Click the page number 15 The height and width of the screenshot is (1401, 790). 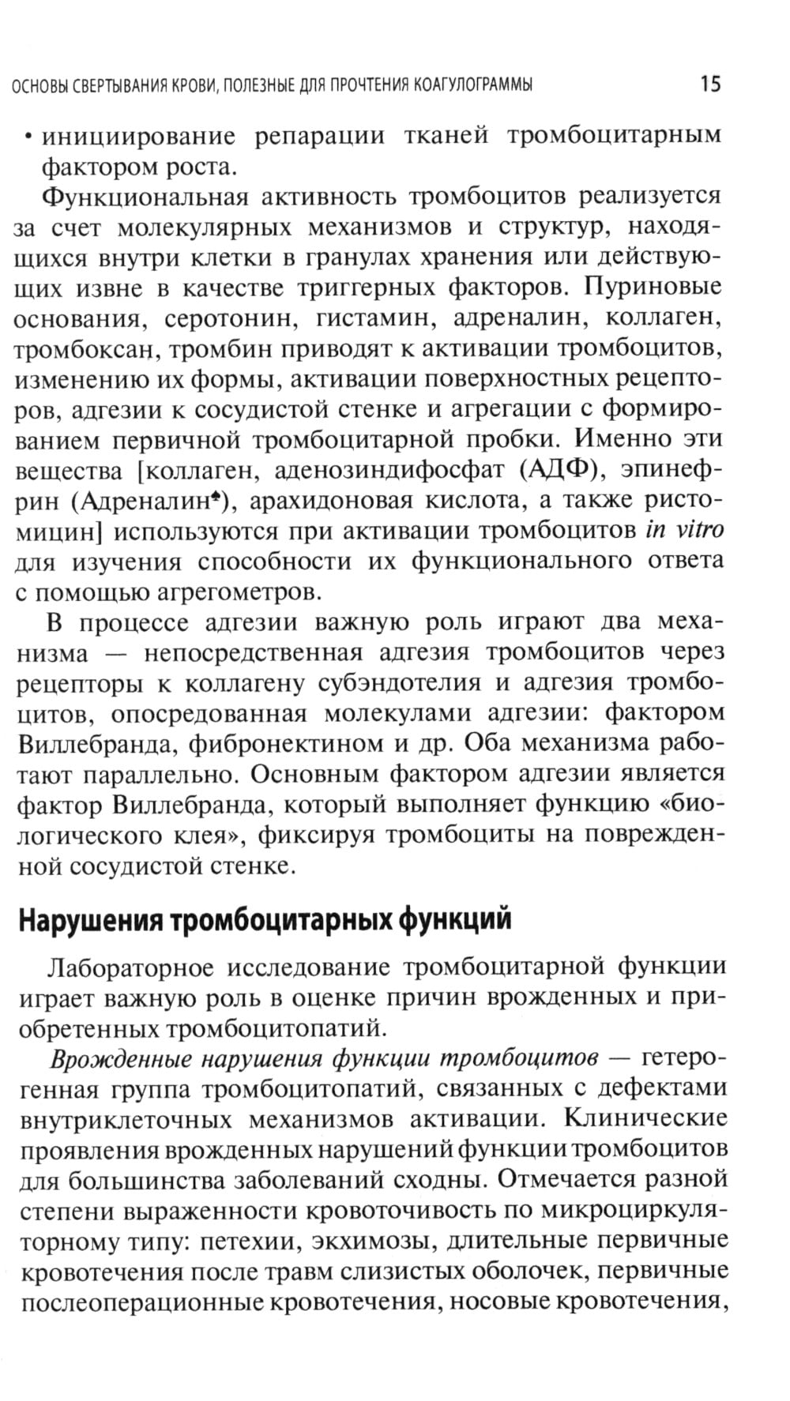(709, 83)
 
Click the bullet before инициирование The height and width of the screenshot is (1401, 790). (28, 137)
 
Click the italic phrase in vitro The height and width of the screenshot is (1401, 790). (684, 529)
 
